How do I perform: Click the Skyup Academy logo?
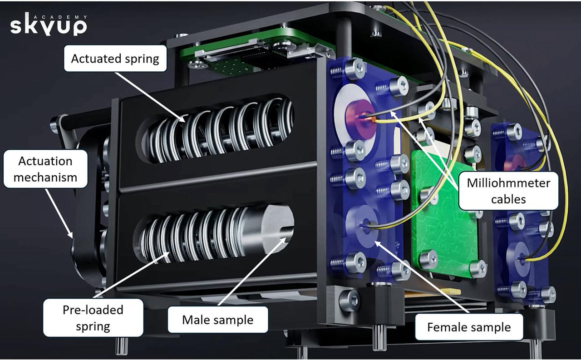(x=48, y=25)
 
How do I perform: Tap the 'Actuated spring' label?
(x=115, y=59)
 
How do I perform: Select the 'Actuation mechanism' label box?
(x=45, y=168)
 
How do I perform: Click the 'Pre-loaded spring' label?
(x=93, y=317)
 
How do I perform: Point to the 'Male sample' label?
(x=217, y=320)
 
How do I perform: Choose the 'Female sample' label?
(x=469, y=327)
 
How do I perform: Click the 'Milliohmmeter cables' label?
(x=508, y=191)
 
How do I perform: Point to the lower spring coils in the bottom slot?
(x=191, y=236)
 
